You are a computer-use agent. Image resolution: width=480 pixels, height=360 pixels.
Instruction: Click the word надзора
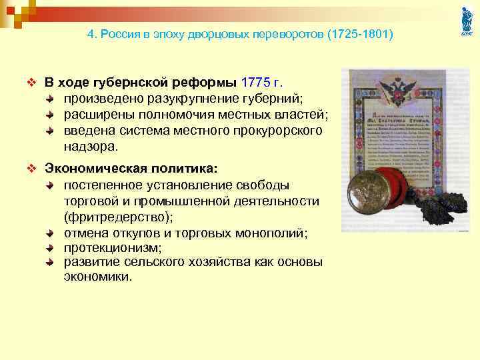(x=89, y=146)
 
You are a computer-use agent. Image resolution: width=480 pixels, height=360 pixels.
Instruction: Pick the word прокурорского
(x=279, y=130)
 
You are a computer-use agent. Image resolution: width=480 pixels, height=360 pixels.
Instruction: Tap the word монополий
(x=267, y=233)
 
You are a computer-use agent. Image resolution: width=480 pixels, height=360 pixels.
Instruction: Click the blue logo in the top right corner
(x=467, y=21)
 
